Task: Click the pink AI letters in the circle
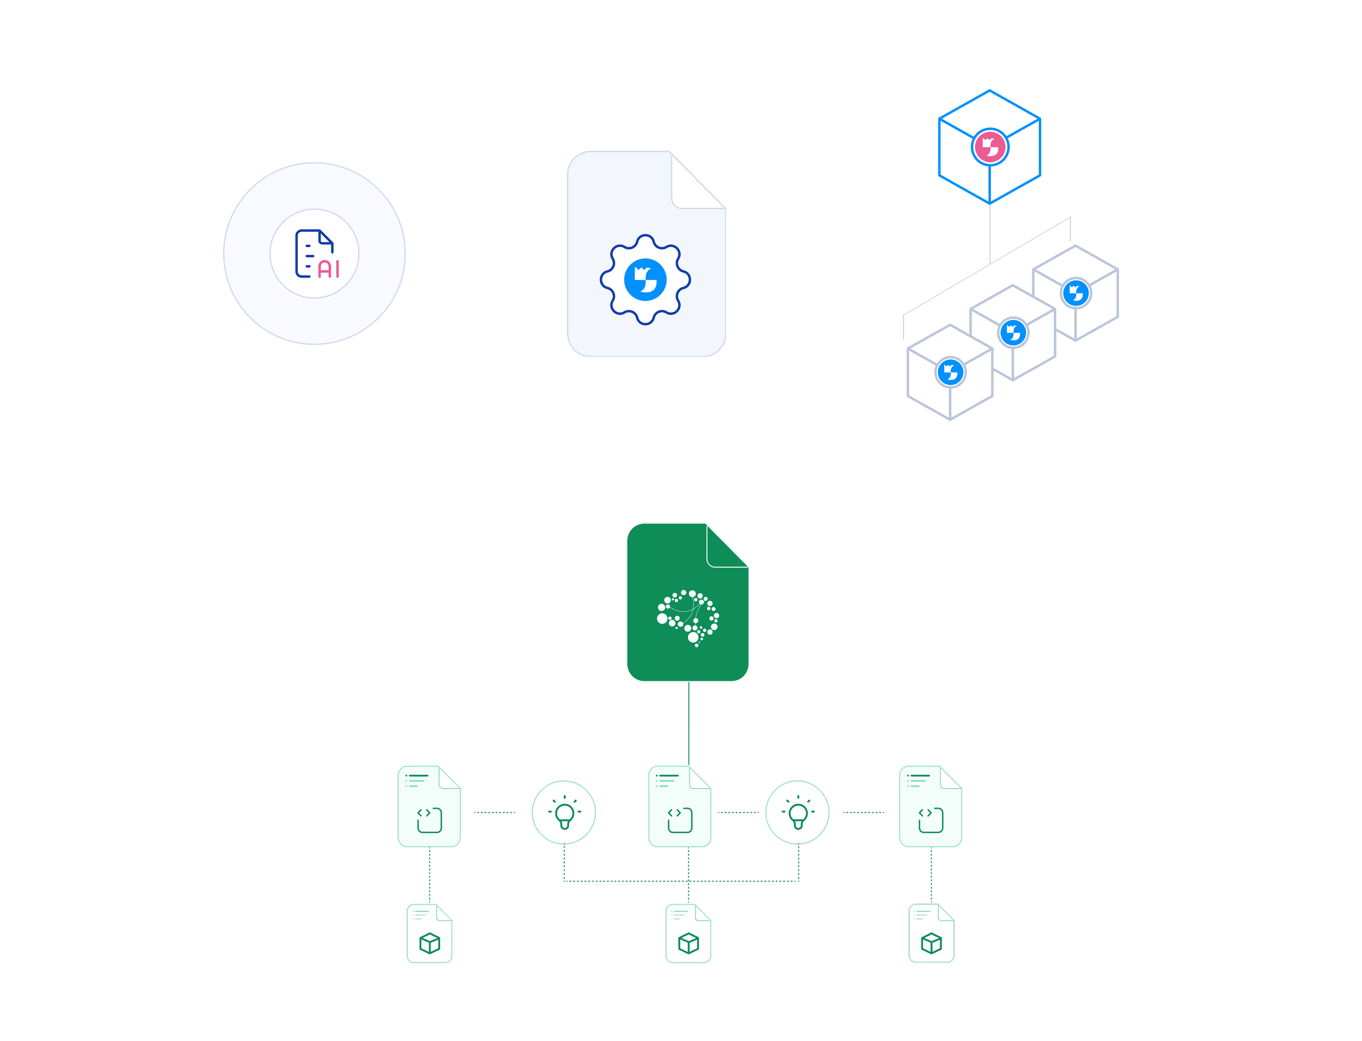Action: [x=328, y=269]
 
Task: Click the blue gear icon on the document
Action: [x=645, y=279]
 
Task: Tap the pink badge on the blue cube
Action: [x=990, y=147]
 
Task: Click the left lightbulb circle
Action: [x=564, y=812]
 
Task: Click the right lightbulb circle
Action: [x=797, y=812]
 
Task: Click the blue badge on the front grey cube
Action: [x=950, y=372]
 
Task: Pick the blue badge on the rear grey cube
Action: [x=1076, y=293]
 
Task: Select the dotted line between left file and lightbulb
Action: [x=495, y=812]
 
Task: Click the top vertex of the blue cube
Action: [x=990, y=90]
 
